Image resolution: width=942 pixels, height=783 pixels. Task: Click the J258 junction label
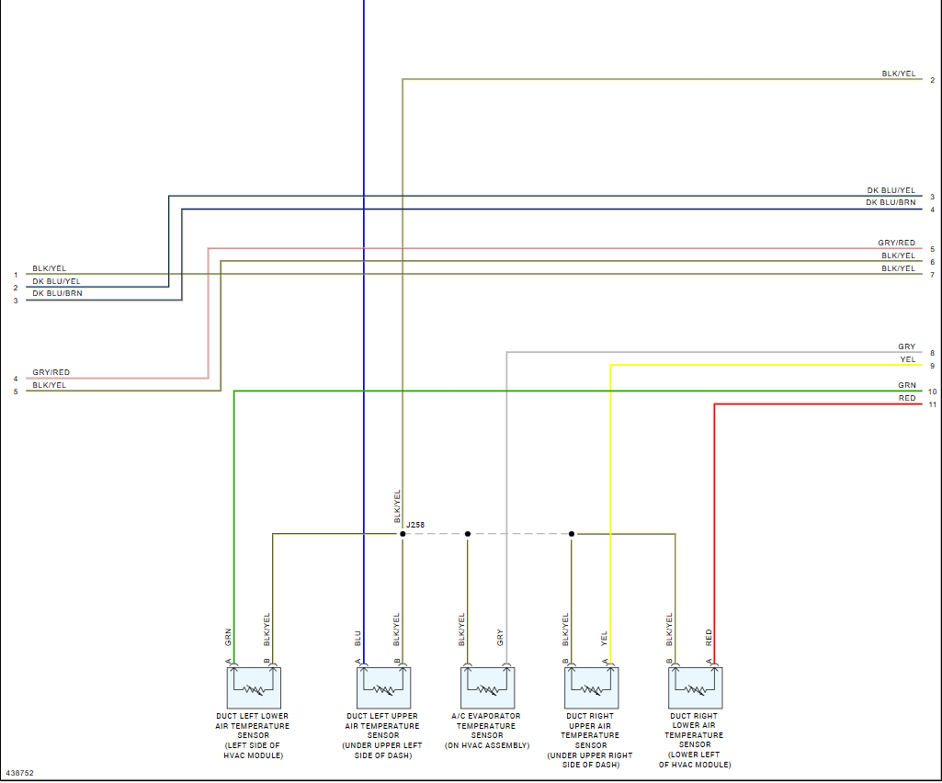[x=415, y=526]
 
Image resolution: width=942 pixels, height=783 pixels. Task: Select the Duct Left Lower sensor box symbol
[x=254, y=687]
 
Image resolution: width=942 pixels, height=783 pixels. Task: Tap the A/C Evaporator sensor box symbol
[x=487, y=687]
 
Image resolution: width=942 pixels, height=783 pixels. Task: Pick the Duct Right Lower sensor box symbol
[x=696, y=687]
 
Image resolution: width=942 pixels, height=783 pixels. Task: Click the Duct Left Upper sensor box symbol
[x=383, y=687]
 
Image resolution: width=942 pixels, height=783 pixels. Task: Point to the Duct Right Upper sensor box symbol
[x=591, y=687]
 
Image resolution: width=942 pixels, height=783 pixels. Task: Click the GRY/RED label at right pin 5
[x=896, y=244]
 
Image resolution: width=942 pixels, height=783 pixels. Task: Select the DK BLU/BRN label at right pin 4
[x=891, y=202]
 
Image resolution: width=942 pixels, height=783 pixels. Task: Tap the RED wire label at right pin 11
[x=907, y=399]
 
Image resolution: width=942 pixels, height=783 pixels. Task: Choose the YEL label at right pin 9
[x=908, y=359]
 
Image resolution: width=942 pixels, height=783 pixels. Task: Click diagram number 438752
[x=19, y=773]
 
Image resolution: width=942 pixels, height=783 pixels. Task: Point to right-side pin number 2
[x=932, y=80]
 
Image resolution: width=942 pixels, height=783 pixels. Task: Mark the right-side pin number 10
[x=932, y=392]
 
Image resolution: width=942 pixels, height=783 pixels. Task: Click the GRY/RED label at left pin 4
[x=51, y=372]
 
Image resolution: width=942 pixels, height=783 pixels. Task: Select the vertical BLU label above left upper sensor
[x=358, y=638]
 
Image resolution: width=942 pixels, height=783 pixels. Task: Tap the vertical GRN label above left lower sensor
[x=228, y=637]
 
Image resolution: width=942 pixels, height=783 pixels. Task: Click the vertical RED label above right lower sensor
[x=709, y=637]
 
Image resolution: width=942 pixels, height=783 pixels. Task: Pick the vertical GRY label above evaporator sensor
[x=500, y=637]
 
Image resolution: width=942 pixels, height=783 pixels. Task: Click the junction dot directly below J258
[x=403, y=534]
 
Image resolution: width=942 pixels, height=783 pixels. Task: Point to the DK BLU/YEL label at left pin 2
[x=56, y=281]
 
